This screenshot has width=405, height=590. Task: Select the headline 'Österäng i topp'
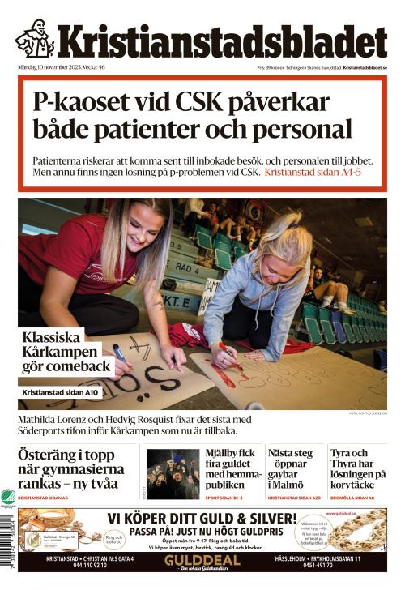coord(65,455)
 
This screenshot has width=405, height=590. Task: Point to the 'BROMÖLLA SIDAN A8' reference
coord(352,498)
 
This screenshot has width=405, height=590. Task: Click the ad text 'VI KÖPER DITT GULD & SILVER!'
coord(202,517)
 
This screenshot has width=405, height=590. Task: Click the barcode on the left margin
coord(8,552)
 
